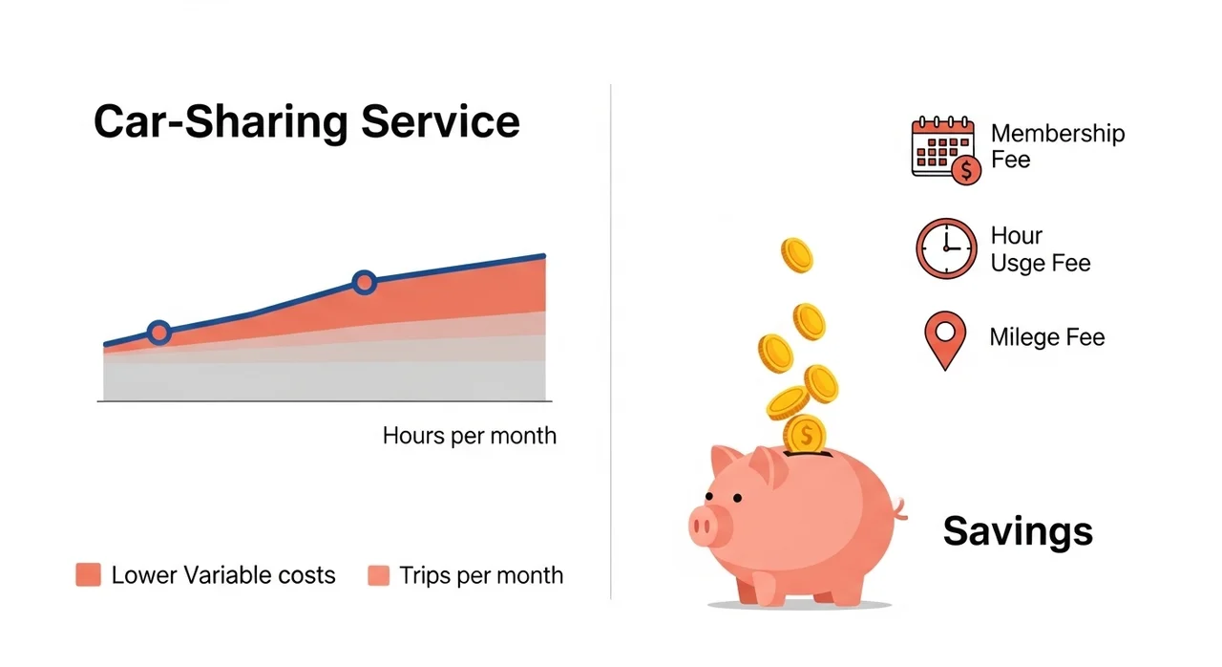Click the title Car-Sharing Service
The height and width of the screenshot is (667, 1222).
306,122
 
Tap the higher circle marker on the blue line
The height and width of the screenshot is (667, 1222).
364,283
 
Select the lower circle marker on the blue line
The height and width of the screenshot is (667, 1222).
159,332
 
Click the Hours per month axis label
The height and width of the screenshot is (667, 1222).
469,436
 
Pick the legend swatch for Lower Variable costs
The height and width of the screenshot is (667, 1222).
89,574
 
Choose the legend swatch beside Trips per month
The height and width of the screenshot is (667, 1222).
379,575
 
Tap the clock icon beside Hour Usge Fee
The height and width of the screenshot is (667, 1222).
946,248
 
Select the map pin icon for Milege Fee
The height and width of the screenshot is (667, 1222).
945,340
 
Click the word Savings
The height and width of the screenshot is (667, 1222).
1018,531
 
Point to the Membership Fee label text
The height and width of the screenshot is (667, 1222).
1057,146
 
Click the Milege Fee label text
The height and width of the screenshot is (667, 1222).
1047,337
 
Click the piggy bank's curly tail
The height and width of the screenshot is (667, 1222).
899,508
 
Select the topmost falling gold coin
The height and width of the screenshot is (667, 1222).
797,255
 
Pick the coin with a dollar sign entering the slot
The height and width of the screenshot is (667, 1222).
805,435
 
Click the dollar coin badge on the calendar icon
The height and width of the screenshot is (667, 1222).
966,170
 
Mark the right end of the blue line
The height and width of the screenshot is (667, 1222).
543,255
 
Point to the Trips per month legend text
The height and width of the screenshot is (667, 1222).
481,575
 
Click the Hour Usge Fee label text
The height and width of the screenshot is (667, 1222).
1041,249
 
